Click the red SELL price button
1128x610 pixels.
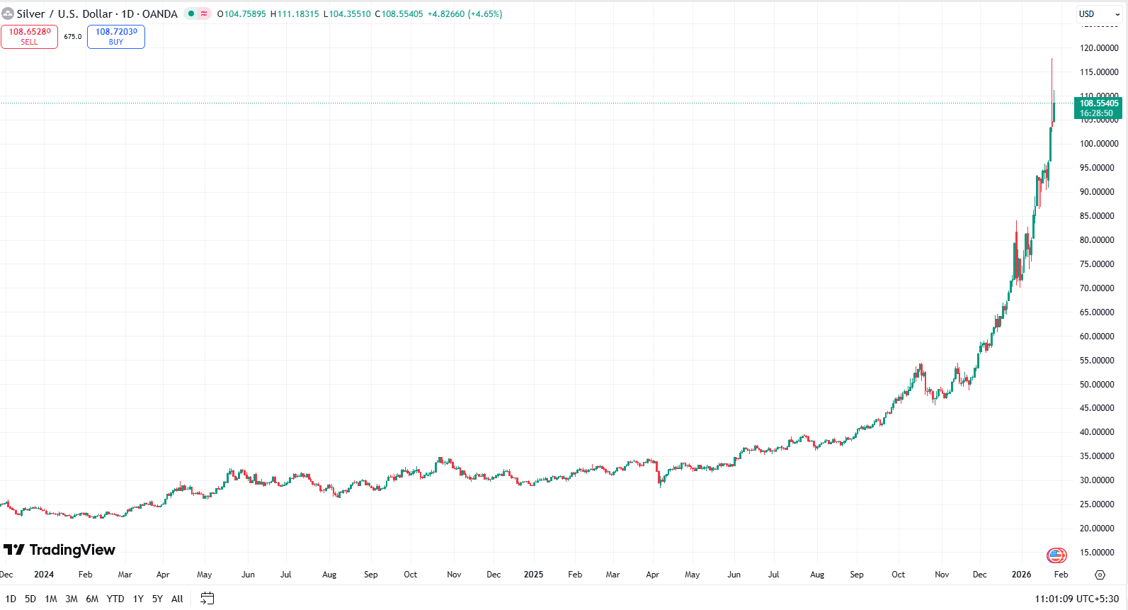click(x=29, y=37)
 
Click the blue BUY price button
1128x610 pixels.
click(x=116, y=37)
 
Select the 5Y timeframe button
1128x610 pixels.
click(x=157, y=599)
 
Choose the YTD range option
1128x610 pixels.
click(x=115, y=599)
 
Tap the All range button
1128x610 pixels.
click(x=177, y=599)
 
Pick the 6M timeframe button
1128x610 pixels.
click(x=92, y=599)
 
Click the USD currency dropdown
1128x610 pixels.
click(x=1099, y=14)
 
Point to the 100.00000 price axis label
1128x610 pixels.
click(x=1099, y=144)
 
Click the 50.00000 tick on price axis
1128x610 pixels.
click(x=1097, y=385)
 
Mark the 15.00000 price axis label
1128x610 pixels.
click(x=1097, y=553)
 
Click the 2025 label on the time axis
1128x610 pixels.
click(x=533, y=575)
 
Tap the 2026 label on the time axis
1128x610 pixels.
click(x=1021, y=575)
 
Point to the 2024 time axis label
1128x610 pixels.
click(x=44, y=575)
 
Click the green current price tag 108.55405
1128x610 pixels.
click(x=1098, y=108)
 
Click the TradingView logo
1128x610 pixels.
click(x=59, y=550)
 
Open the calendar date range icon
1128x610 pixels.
click(x=207, y=599)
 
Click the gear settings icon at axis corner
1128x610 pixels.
click(x=1100, y=575)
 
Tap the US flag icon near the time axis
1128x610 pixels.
click(x=1056, y=555)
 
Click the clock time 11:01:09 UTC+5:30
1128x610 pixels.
click(x=1076, y=599)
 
